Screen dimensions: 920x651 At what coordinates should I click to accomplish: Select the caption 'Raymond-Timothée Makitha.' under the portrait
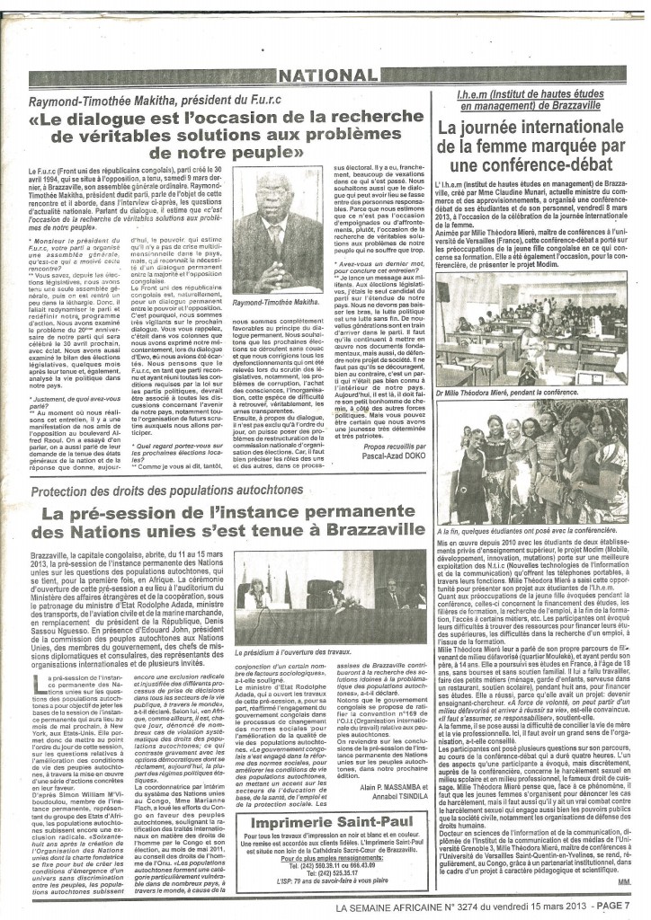pos(278,305)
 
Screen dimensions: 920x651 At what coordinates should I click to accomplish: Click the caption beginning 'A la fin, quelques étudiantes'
pos(533,532)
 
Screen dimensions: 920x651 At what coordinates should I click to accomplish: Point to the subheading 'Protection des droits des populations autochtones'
pos(167,491)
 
